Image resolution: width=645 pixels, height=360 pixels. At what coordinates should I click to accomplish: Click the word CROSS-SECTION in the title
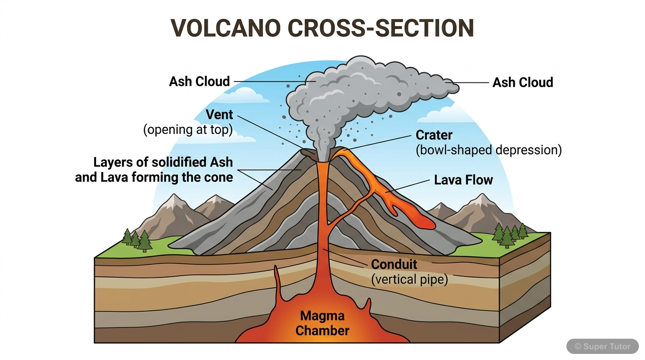[380, 28]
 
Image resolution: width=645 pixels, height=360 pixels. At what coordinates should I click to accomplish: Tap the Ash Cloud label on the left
[199, 82]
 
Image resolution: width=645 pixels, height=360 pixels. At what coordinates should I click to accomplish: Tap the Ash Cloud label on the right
[522, 82]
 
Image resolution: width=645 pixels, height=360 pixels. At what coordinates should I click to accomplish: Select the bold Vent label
[219, 115]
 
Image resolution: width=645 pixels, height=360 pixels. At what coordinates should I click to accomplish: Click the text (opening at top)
[187, 130]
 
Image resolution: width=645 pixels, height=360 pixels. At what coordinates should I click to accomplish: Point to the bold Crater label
[434, 135]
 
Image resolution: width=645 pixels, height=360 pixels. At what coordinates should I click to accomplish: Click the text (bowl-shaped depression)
[488, 150]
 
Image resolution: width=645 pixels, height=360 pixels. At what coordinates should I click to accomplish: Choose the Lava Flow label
[463, 180]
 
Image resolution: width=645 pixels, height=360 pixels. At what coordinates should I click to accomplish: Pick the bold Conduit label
[394, 264]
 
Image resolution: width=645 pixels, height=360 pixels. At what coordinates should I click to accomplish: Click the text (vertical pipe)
[409, 279]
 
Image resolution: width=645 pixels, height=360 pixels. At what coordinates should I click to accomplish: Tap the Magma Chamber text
[322, 323]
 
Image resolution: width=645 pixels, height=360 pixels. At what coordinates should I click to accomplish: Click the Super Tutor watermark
[602, 346]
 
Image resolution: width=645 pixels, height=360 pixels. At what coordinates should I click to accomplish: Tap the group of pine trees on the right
[509, 234]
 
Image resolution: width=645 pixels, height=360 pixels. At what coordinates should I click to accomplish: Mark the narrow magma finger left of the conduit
[277, 281]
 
